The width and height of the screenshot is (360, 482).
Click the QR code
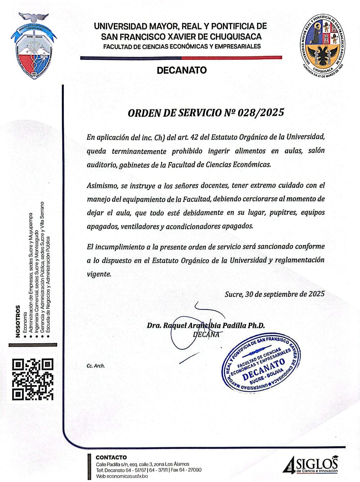point(33,379)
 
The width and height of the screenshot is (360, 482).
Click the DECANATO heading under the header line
point(182,70)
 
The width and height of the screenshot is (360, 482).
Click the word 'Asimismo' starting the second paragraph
point(100,186)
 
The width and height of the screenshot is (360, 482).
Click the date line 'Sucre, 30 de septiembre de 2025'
point(274,294)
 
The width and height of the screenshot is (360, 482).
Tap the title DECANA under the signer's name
point(206,334)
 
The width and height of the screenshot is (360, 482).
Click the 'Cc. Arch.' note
point(96,366)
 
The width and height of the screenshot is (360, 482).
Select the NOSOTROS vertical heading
point(18,321)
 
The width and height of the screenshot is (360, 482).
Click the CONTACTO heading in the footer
point(111,458)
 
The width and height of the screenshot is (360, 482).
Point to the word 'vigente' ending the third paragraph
point(99,274)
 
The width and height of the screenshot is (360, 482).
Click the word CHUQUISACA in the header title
point(230,36)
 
